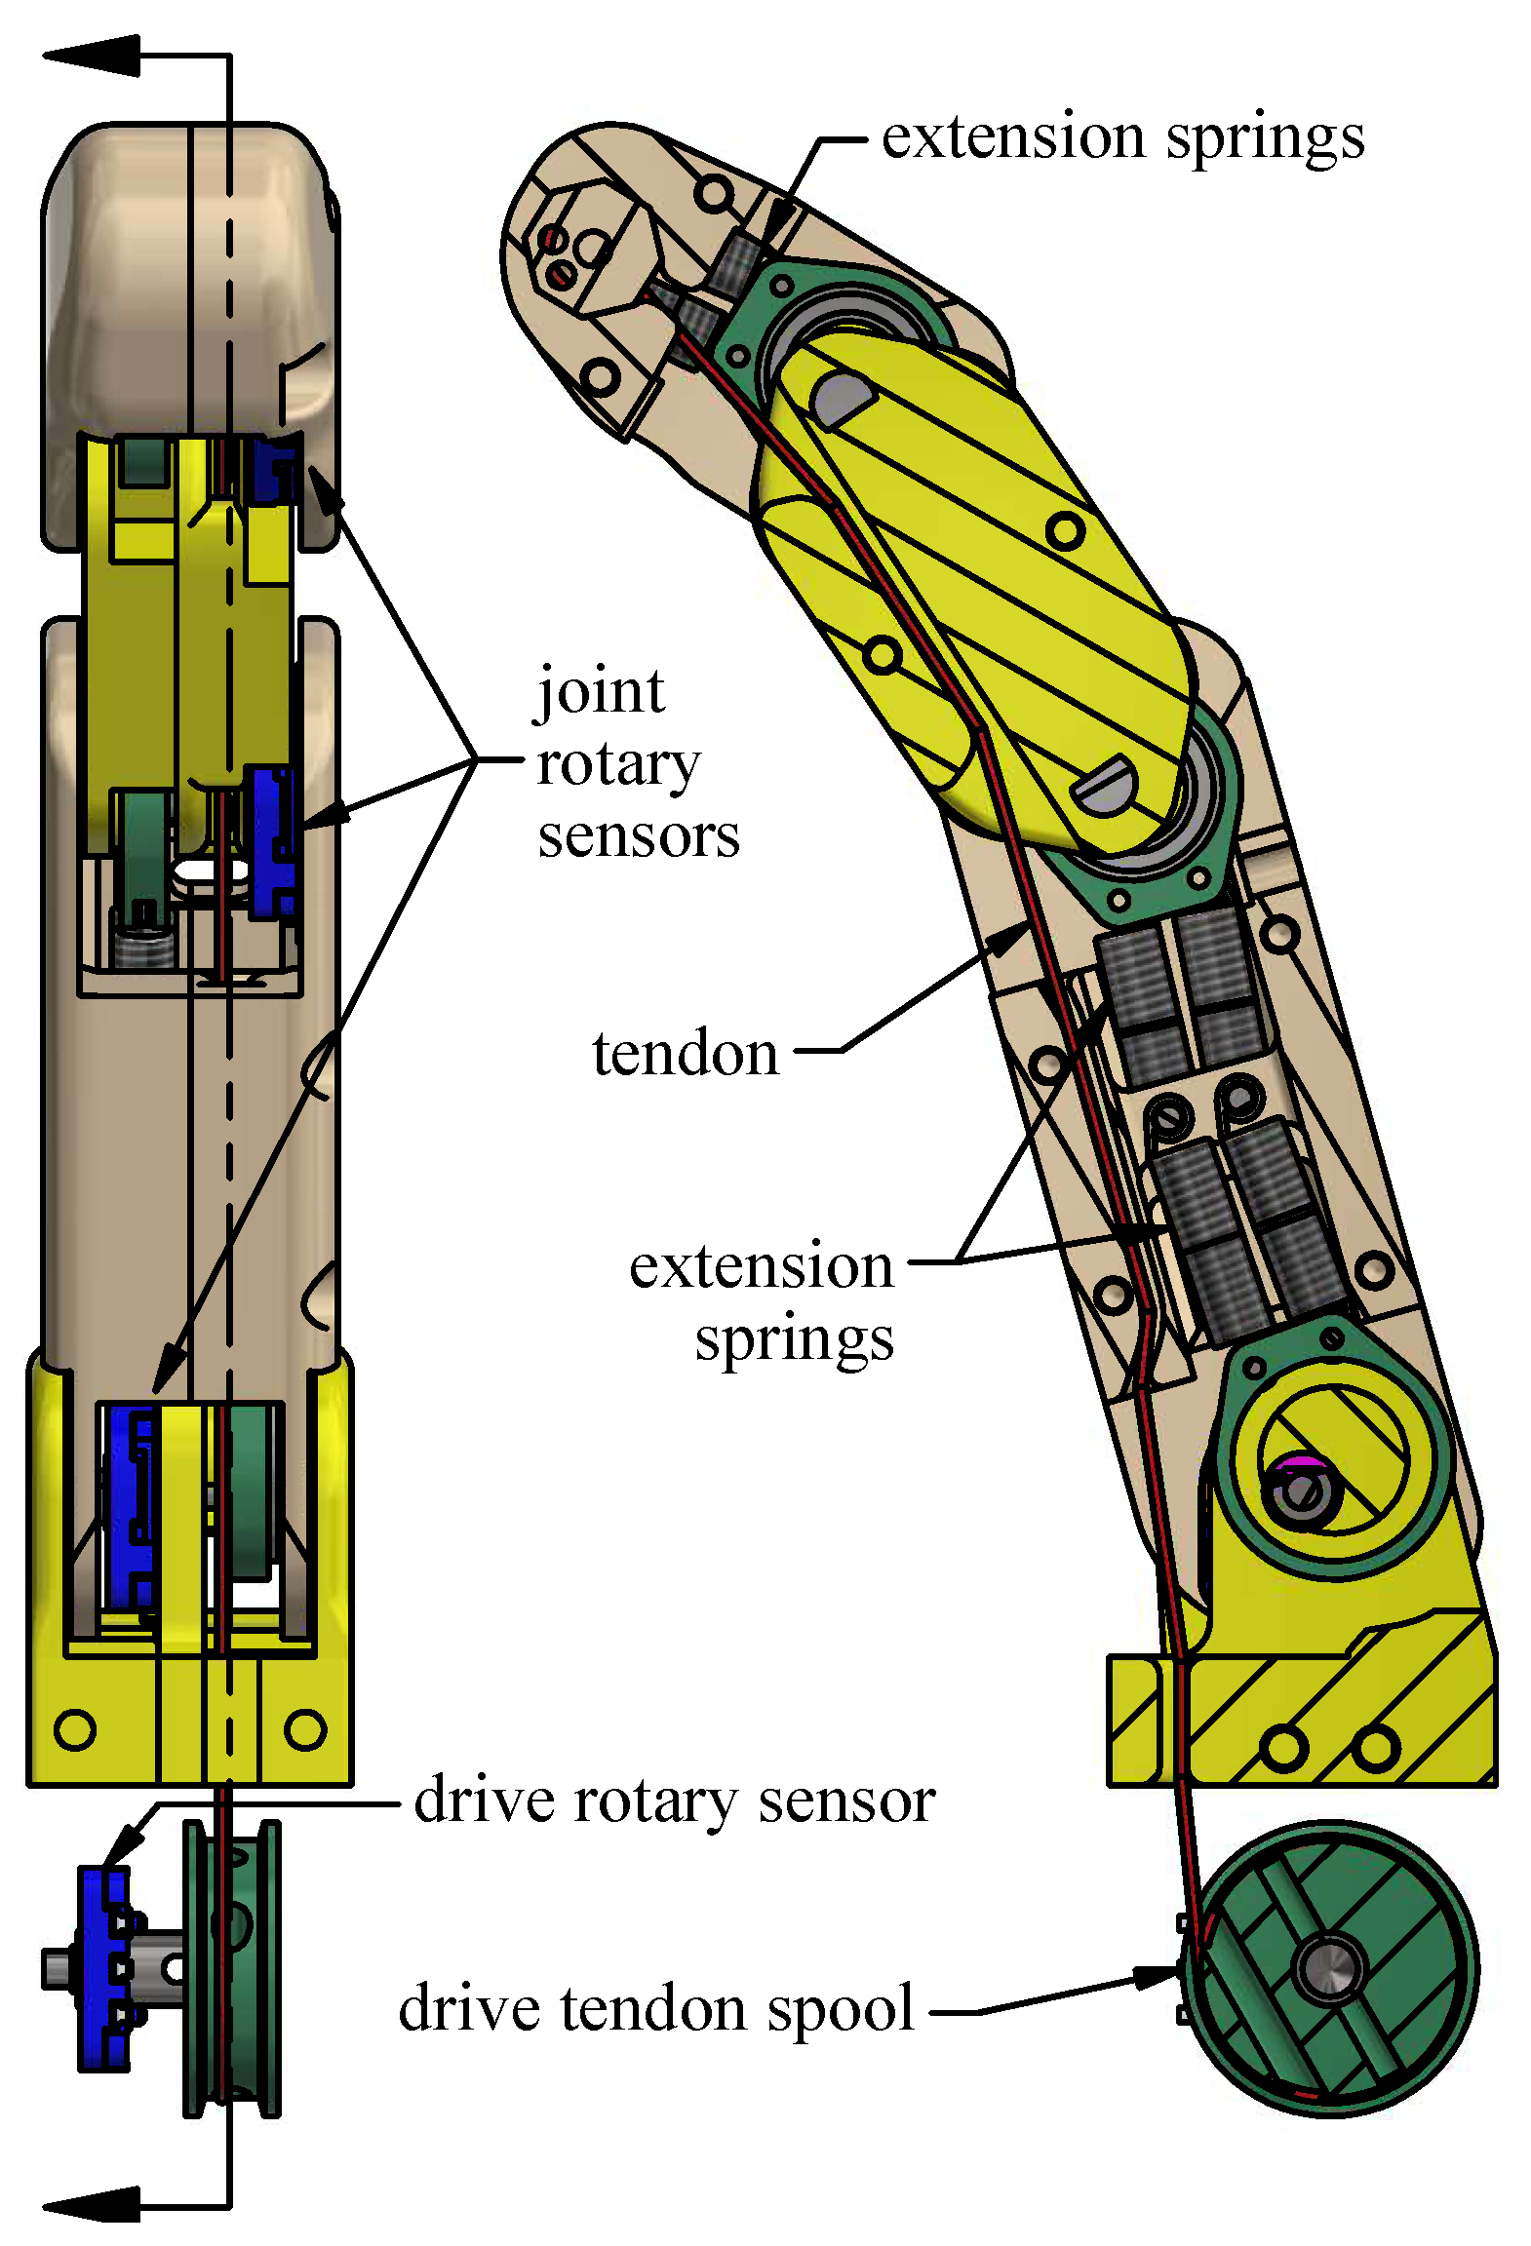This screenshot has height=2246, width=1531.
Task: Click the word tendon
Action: tap(686, 1054)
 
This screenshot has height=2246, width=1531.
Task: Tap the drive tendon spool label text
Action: tap(656, 2008)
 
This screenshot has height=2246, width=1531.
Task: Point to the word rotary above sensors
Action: tap(618, 765)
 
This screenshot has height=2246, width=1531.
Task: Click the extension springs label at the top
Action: tap(1122, 137)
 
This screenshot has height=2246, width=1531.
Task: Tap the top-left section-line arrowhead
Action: tap(93, 57)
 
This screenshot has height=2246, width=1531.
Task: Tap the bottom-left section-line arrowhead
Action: tap(93, 2204)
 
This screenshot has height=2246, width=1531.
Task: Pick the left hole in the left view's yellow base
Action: tap(75, 1729)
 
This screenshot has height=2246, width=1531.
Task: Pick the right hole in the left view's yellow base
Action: tap(305, 1729)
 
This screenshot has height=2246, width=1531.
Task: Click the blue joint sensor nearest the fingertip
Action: tap(273, 469)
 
